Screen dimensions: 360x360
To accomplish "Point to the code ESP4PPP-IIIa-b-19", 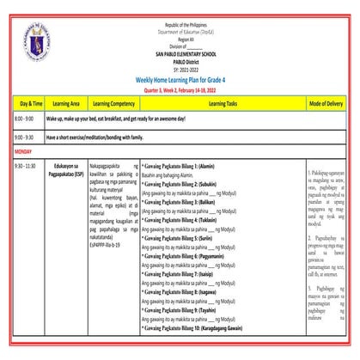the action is point(107,244).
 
